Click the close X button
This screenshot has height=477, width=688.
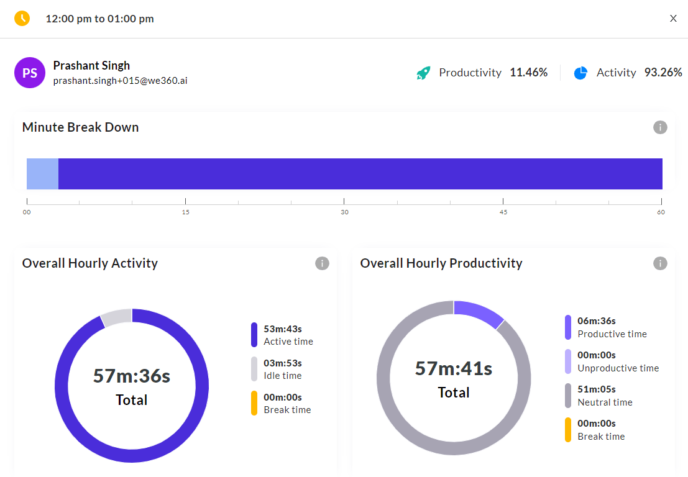(x=673, y=19)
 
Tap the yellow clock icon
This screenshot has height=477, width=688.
(x=22, y=19)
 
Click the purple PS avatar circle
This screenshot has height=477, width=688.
(x=30, y=73)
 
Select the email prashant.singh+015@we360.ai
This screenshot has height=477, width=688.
(x=120, y=81)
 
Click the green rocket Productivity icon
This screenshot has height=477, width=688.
(x=423, y=73)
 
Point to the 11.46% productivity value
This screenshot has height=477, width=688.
(x=528, y=72)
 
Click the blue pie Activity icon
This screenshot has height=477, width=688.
(x=580, y=73)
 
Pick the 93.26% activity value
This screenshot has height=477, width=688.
(x=663, y=72)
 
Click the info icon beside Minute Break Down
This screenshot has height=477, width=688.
(x=660, y=127)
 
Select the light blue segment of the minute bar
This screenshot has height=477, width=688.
(x=42, y=174)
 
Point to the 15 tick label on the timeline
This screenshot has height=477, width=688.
(x=186, y=212)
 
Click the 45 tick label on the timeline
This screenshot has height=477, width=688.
(x=503, y=212)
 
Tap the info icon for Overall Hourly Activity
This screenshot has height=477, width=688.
(x=322, y=263)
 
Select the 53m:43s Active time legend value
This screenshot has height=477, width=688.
(x=283, y=329)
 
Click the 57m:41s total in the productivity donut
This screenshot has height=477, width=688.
(x=454, y=369)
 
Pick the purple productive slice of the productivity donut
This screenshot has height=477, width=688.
(x=479, y=312)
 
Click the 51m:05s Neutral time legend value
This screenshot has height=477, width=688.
(x=596, y=389)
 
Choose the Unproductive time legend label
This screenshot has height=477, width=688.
(x=618, y=368)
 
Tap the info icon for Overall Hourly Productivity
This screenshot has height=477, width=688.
(x=660, y=263)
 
